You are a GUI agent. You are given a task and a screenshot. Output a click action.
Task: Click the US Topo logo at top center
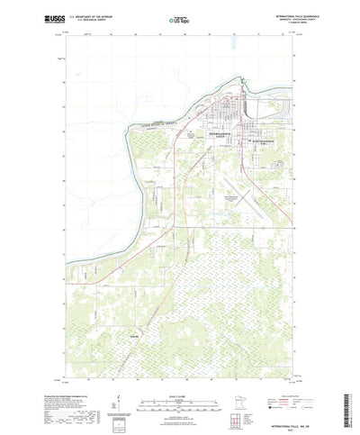(x=175, y=17)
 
